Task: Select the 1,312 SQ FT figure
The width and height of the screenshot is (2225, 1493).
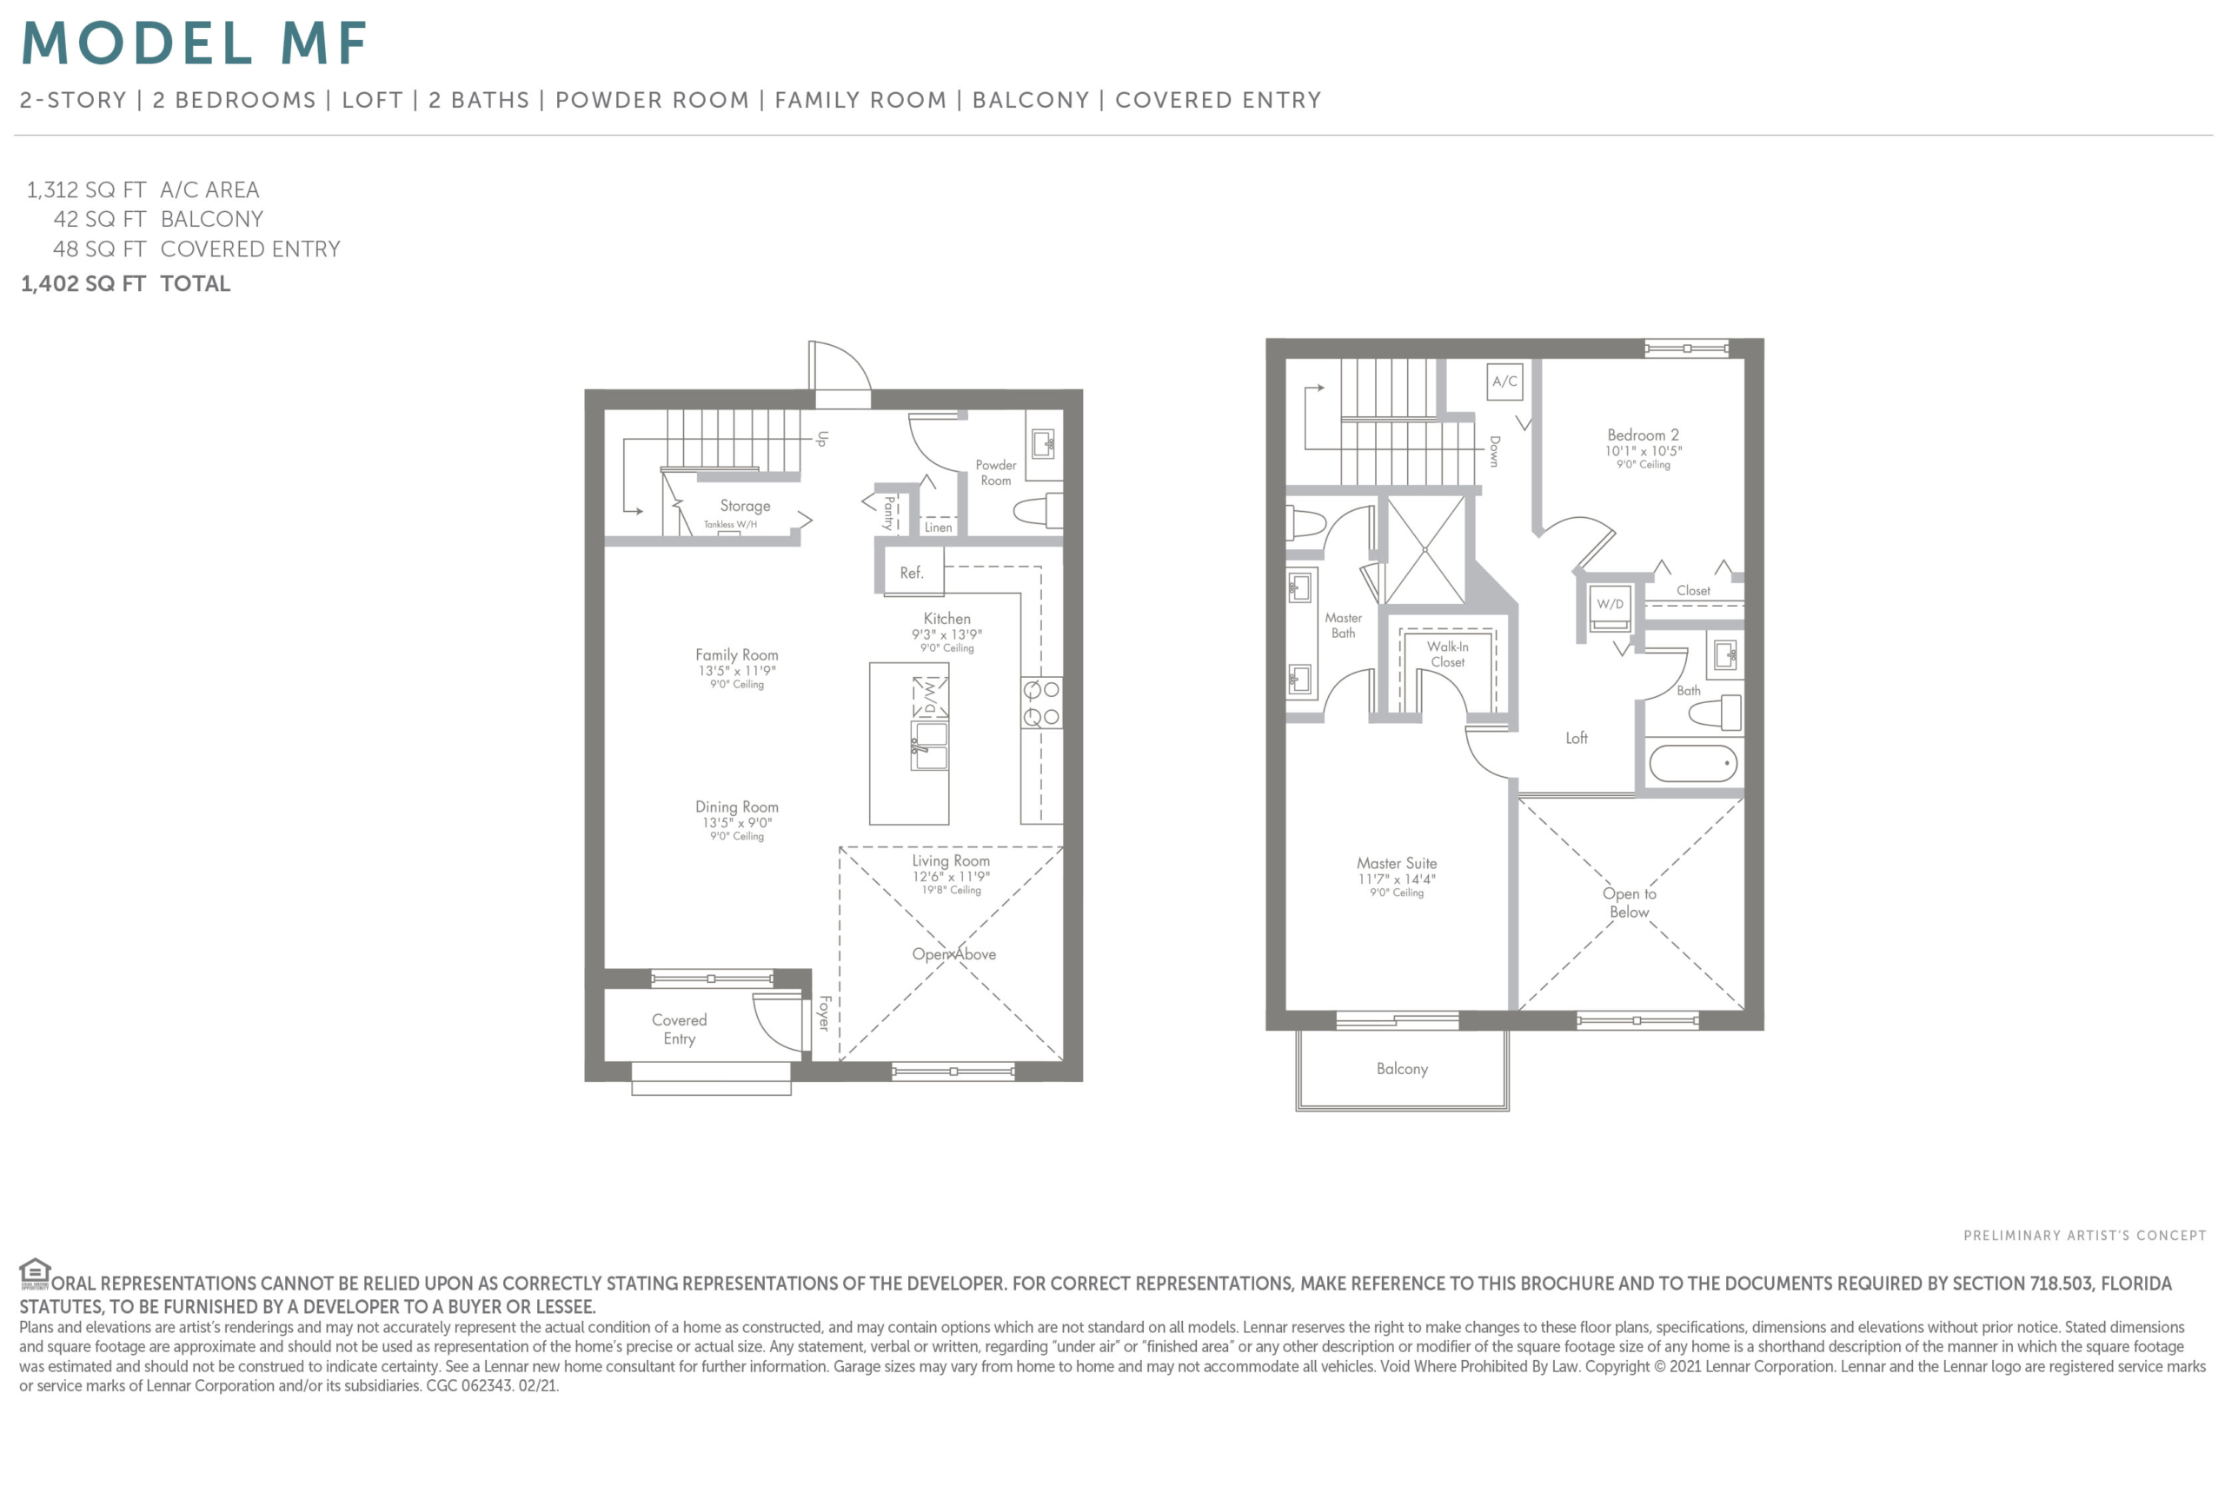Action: pyautogui.click(x=86, y=189)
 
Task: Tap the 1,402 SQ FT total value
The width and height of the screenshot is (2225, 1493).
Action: pyautogui.click(x=83, y=284)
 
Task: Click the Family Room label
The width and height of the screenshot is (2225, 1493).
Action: pyautogui.click(x=736, y=655)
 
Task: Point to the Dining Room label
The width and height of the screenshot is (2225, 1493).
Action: pyautogui.click(x=736, y=807)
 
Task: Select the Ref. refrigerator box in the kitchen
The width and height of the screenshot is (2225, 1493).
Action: pyautogui.click(x=913, y=571)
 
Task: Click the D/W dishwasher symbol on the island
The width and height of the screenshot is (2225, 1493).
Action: pyautogui.click(x=930, y=698)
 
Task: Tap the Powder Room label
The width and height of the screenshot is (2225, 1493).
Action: pyautogui.click(x=995, y=472)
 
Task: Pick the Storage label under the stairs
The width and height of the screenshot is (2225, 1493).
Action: pyautogui.click(x=745, y=506)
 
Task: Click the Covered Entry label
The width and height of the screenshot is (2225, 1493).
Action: pyautogui.click(x=679, y=1028)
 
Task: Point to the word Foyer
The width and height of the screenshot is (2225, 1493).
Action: pyautogui.click(x=825, y=1013)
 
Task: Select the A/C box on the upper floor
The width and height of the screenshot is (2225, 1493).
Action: pyautogui.click(x=1504, y=382)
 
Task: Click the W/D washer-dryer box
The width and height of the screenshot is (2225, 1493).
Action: pyautogui.click(x=1610, y=606)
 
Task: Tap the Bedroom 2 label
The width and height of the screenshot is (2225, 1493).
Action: pyautogui.click(x=1644, y=435)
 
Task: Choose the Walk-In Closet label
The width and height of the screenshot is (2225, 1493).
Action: pyautogui.click(x=1447, y=654)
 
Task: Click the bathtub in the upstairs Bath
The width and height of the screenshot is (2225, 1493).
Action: pyautogui.click(x=1693, y=764)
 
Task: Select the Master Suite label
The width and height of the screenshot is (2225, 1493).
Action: pyautogui.click(x=1397, y=864)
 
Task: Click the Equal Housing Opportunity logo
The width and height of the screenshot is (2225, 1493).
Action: pyautogui.click(x=34, y=1273)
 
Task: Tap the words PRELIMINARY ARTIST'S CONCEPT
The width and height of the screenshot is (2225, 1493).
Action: pyautogui.click(x=2084, y=1236)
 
